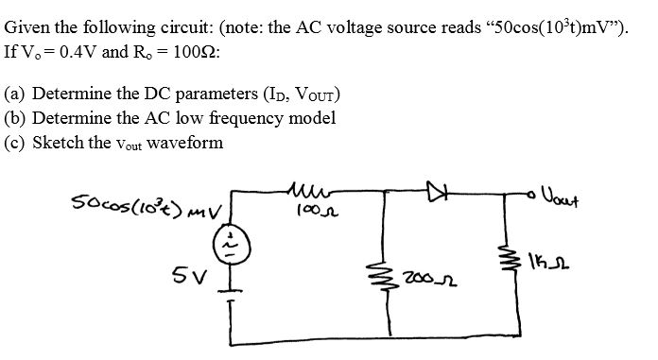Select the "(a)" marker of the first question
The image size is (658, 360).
point(16,95)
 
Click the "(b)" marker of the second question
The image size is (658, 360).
point(16,119)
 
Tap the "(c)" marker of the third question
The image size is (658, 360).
point(16,143)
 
